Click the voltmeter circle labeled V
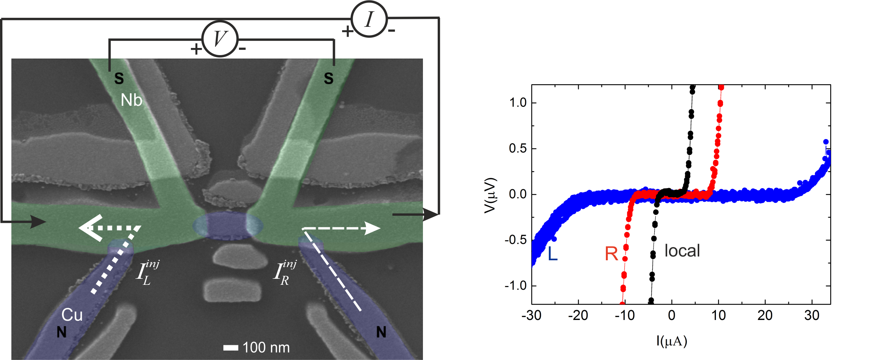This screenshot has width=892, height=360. (x=220, y=39)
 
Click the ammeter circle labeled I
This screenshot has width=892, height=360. (x=369, y=19)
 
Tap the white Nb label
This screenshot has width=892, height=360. (x=131, y=100)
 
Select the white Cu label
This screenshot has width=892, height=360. (x=72, y=315)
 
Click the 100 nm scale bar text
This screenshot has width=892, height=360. (x=266, y=348)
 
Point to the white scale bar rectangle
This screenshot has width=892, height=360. (x=231, y=348)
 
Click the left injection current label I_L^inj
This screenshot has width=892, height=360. (x=147, y=272)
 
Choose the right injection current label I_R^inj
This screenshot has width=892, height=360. (x=284, y=272)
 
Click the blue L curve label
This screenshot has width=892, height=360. (x=553, y=254)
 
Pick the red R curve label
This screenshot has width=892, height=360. (x=611, y=254)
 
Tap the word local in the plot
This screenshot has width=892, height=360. (x=682, y=251)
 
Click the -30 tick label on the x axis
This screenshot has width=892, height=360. (x=531, y=315)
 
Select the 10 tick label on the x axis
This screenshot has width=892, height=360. (x=718, y=315)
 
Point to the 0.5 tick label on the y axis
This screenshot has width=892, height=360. (x=517, y=148)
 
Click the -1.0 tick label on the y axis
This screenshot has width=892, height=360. (x=515, y=286)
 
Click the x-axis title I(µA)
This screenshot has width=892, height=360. (x=672, y=341)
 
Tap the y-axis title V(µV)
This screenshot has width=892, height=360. (x=490, y=195)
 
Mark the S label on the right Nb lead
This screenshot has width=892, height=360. (x=329, y=79)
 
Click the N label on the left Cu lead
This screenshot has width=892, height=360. (x=62, y=332)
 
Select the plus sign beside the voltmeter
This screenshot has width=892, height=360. (x=196, y=49)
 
